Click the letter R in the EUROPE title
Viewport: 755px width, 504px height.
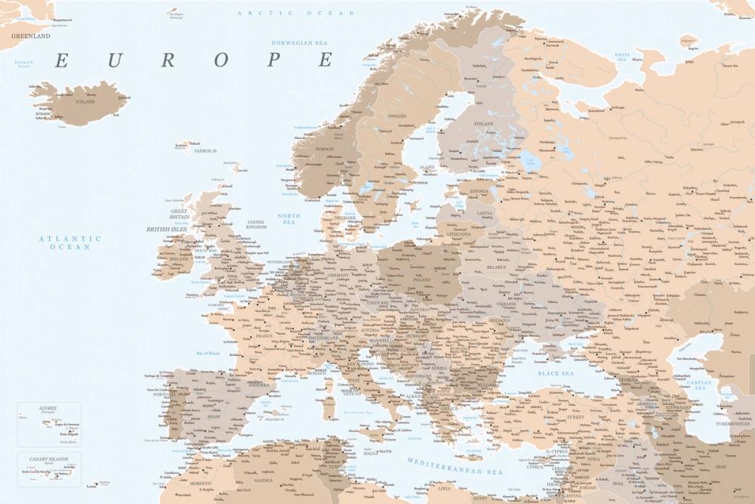click(x=168, y=60)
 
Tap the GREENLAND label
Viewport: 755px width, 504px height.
click(x=30, y=36)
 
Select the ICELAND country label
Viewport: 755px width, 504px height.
click(x=85, y=101)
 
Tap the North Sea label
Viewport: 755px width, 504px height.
click(x=289, y=219)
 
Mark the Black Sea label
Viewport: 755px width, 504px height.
click(x=556, y=373)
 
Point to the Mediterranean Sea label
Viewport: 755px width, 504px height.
click(x=455, y=466)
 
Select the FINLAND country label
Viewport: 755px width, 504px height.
click(x=483, y=124)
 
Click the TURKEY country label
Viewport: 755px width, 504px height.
click(x=576, y=416)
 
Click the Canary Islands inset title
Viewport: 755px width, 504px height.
click(x=48, y=458)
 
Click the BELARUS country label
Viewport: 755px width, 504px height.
click(x=495, y=267)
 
